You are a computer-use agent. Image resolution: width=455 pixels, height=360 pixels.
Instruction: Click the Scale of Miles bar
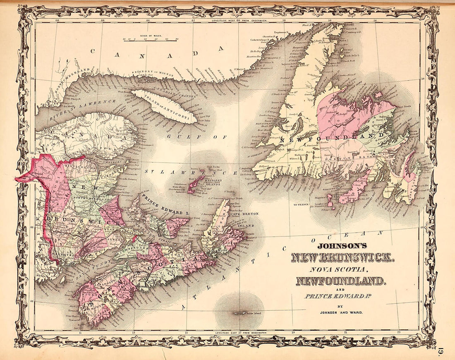[151, 40]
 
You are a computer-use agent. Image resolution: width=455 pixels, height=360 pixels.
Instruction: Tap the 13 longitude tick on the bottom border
[134, 332]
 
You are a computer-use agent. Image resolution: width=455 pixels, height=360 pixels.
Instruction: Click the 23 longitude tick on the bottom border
[398, 332]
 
